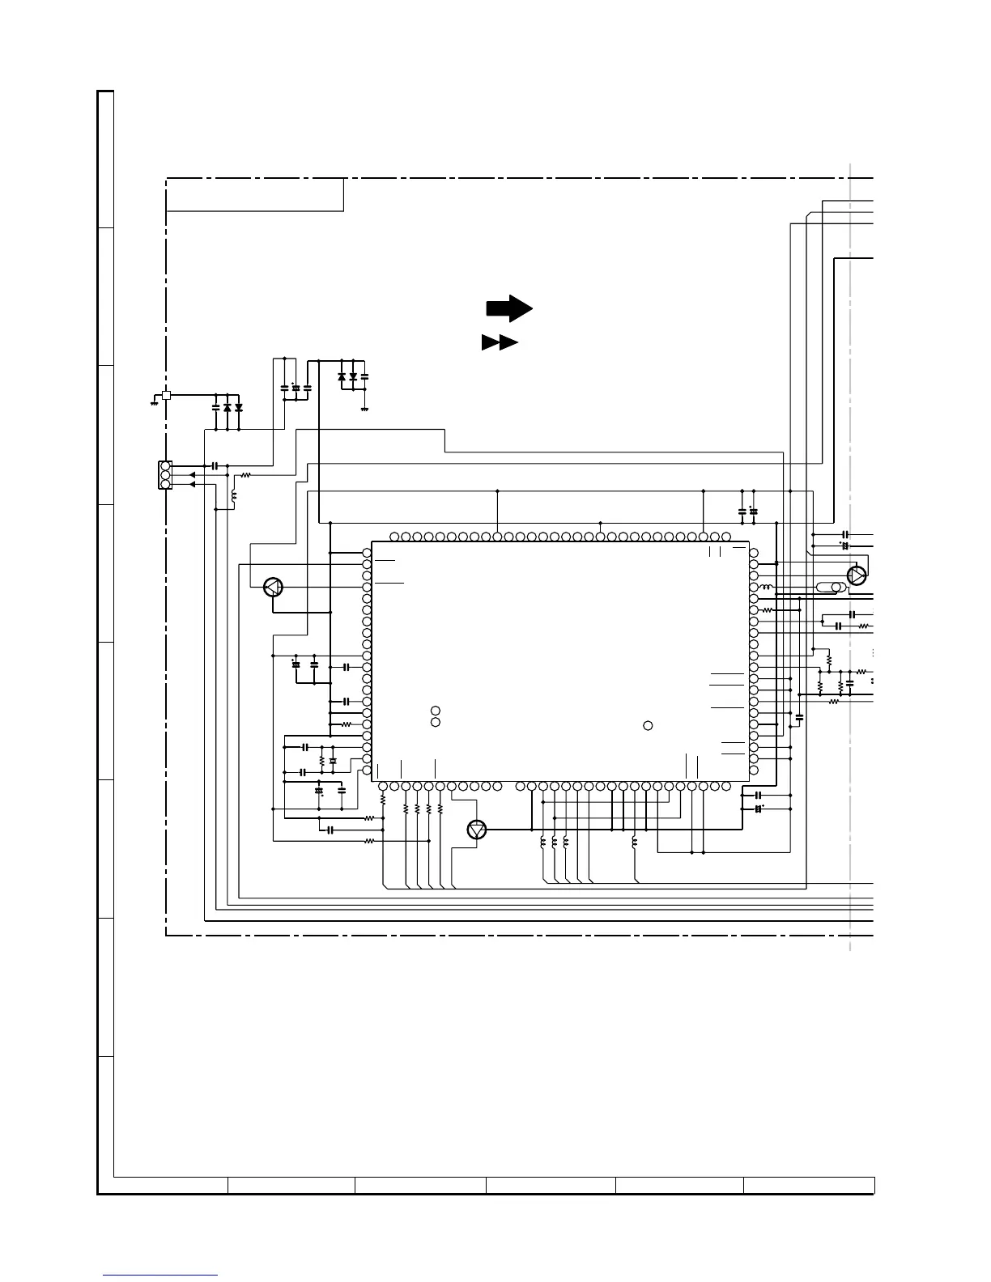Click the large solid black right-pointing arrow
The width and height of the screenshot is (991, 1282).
[x=508, y=308]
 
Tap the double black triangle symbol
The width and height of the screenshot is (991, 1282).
[x=500, y=342]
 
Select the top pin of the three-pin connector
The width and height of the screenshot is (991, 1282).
[x=165, y=466]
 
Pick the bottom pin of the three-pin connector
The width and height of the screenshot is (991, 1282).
[x=165, y=484]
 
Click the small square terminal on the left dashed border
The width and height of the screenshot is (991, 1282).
[x=166, y=395]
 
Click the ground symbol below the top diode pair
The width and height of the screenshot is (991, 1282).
[x=364, y=409]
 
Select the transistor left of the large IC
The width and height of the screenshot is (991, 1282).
[x=274, y=588]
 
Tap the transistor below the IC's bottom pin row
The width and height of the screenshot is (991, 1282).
[x=478, y=830]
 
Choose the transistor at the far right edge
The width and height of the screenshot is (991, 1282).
[x=856, y=575]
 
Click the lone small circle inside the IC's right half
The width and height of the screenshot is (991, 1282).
[x=648, y=725]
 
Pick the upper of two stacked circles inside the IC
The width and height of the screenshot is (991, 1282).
[x=436, y=710]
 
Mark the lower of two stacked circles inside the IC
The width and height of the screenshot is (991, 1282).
[x=436, y=721]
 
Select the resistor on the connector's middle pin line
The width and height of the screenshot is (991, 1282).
[x=246, y=475]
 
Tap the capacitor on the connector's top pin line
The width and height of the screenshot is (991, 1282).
[x=215, y=466]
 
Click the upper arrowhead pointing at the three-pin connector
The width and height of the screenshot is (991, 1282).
[x=192, y=475]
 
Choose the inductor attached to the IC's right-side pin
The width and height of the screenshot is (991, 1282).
[x=765, y=587]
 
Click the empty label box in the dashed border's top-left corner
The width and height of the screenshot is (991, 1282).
[x=255, y=195]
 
